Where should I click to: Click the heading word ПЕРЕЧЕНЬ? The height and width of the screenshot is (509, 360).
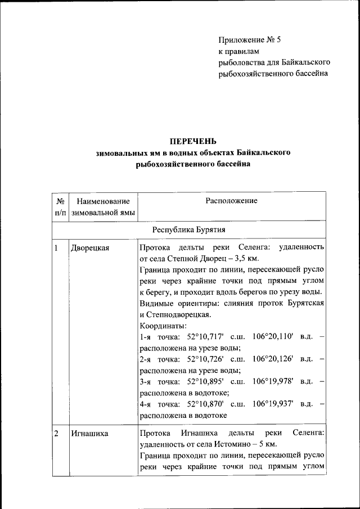click(x=193, y=141)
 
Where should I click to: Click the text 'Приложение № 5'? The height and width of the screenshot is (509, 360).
click(x=249, y=40)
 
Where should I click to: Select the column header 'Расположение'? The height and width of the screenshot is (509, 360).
click(x=231, y=201)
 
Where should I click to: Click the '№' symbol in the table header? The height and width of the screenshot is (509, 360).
click(x=60, y=201)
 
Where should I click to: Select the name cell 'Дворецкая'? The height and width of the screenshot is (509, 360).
click(x=90, y=248)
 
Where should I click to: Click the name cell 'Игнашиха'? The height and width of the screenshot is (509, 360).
click(x=89, y=433)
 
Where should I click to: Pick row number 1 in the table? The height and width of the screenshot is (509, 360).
click(x=57, y=248)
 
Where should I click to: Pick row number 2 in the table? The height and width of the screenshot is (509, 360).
click(x=57, y=433)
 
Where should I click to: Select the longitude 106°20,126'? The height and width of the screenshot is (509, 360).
click(x=273, y=359)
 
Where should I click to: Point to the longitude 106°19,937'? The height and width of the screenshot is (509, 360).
click(x=273, y=404)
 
